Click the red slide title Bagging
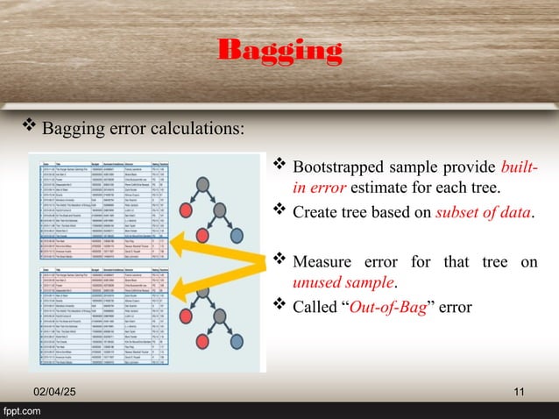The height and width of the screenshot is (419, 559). coord(279,51)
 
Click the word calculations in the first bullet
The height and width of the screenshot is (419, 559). coord(198,130)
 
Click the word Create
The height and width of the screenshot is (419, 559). coord(315,209)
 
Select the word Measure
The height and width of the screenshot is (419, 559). coord(326,260)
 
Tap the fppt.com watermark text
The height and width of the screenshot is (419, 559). coord(25,410)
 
